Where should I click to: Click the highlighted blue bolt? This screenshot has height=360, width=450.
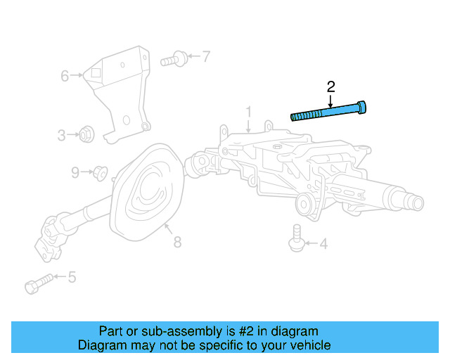click(329, 111)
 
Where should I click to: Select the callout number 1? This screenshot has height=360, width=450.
click(248, 112)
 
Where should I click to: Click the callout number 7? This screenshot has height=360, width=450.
click(206, 56)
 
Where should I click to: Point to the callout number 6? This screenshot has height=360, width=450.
click(64, 75)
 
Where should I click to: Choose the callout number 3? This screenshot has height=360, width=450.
click(62, 134)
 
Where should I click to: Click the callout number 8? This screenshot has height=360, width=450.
click(177, 242)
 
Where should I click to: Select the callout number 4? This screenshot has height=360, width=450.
click(323, 245)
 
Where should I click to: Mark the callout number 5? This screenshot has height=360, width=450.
click(71, 278)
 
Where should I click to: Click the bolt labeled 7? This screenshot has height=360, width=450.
click(173, 59)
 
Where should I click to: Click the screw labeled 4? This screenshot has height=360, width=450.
click(296, 237)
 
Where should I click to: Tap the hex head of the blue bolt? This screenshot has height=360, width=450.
click(362, 107)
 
